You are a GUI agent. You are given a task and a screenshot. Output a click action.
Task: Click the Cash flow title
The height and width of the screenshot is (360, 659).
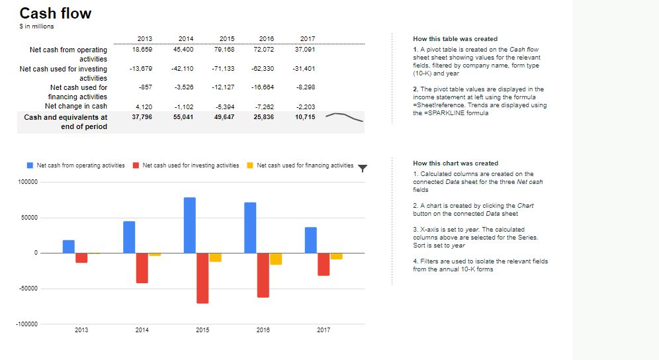(56, 13)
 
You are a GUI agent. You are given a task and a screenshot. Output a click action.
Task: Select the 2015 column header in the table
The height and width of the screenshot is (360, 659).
(227, 39)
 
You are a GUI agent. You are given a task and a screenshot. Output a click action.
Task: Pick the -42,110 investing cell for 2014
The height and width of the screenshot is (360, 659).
(182, 69)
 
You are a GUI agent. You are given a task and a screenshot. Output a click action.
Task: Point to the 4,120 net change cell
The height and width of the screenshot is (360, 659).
(144, 107)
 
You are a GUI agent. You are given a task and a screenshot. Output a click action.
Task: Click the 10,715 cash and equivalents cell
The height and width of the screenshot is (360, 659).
(305, 117)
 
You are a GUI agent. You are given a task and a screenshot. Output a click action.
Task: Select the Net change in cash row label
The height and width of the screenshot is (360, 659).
(75, 106)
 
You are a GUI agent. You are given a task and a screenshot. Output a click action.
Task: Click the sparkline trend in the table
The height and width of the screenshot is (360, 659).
(344, 117)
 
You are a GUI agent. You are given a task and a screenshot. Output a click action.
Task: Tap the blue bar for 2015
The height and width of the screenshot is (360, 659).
(190, 225)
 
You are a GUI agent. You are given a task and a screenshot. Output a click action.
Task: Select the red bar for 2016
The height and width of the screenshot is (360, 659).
(263, 275)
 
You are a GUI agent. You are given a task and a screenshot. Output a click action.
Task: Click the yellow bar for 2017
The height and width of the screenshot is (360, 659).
(337, 256)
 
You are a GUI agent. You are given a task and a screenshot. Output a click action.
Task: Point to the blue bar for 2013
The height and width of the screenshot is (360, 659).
(68, 246)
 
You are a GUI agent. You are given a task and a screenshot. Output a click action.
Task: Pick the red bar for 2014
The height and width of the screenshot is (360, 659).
(142, 267)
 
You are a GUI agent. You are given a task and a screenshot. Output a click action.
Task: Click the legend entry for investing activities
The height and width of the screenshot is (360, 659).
(191, 165)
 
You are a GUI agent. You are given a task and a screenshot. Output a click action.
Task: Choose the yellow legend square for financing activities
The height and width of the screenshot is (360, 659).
(250, 165)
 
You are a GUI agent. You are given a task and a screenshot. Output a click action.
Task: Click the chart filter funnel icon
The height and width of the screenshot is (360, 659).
(362, 167)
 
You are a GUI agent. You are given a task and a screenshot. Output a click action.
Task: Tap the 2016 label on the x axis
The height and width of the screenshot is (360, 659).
(263, 330)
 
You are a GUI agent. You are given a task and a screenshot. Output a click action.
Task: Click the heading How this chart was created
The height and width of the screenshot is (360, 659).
(455, 163)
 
